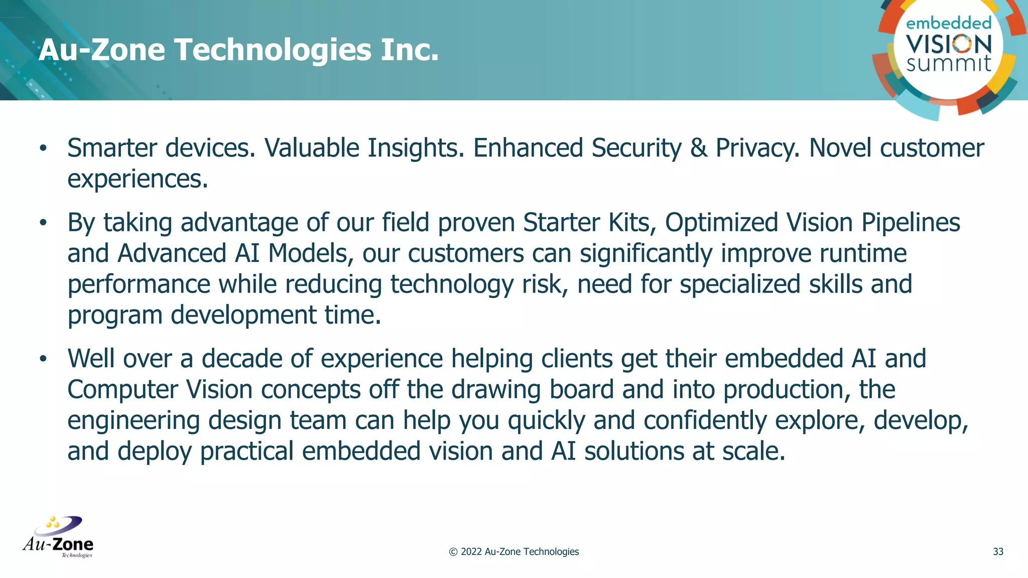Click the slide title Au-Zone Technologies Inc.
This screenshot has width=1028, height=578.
coord(238,50)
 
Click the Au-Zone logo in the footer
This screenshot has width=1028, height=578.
coord(58,537)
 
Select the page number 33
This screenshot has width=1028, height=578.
coord(998,552)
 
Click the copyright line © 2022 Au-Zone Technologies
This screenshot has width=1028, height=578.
coord(513,552)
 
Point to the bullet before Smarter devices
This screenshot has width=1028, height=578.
coord(43,149)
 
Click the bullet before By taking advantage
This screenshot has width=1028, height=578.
coord(43,223)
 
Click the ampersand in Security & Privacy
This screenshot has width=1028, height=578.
coord(699,149)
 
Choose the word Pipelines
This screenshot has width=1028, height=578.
coord(911,223)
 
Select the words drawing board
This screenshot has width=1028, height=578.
coord(533,390)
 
